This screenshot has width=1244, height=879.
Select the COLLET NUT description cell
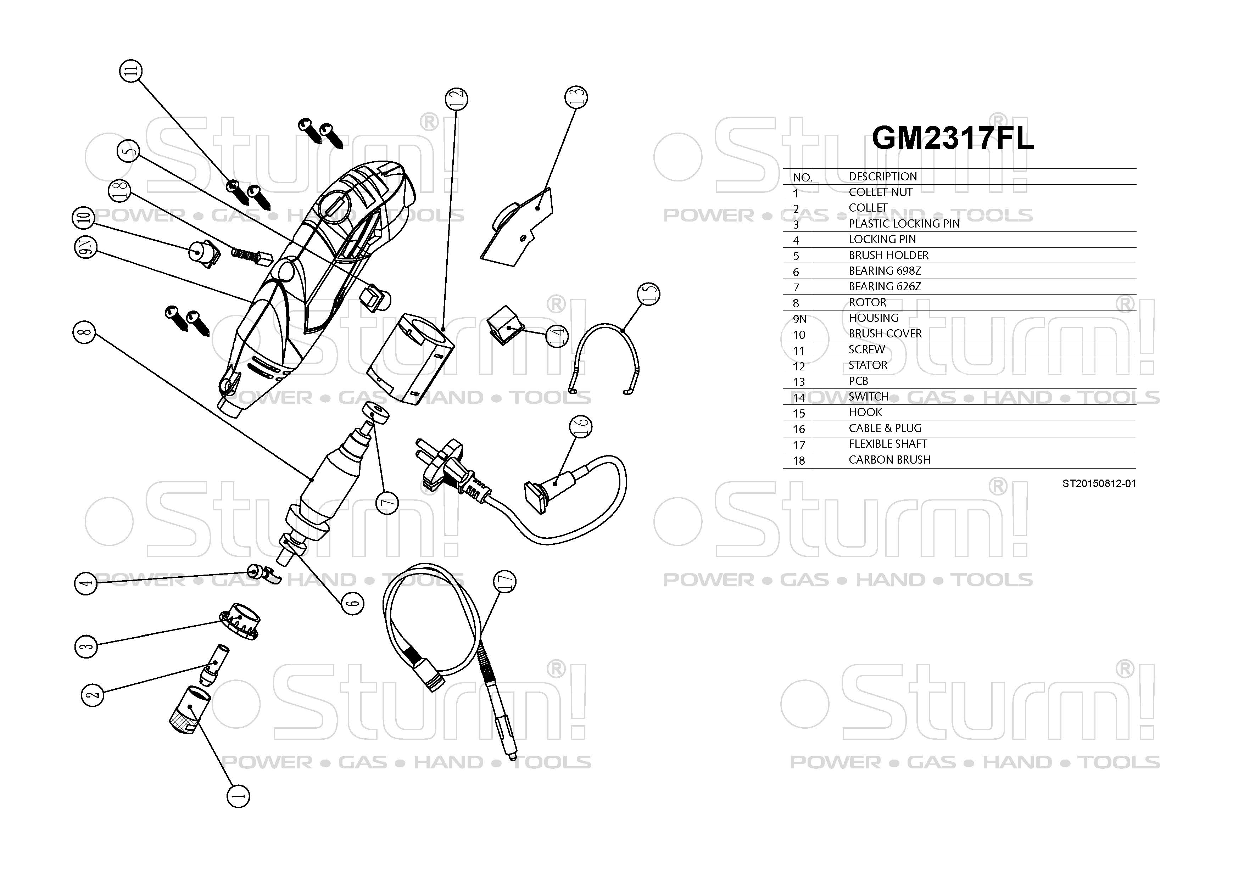(x=881, y=192)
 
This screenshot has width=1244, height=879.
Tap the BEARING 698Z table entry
(x=885, y=271)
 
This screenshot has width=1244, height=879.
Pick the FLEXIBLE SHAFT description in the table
(x=887, y=444)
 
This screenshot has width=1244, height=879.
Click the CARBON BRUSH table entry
(x=889, y=460)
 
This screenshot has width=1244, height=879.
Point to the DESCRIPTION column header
(x=883, y=177)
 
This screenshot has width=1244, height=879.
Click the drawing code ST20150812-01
(x=1098, y=484)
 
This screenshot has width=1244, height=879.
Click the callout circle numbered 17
(x=504, y=582)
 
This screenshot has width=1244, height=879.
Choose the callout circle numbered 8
(x=84, y=332)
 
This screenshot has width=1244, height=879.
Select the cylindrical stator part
(x=410, y=355)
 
